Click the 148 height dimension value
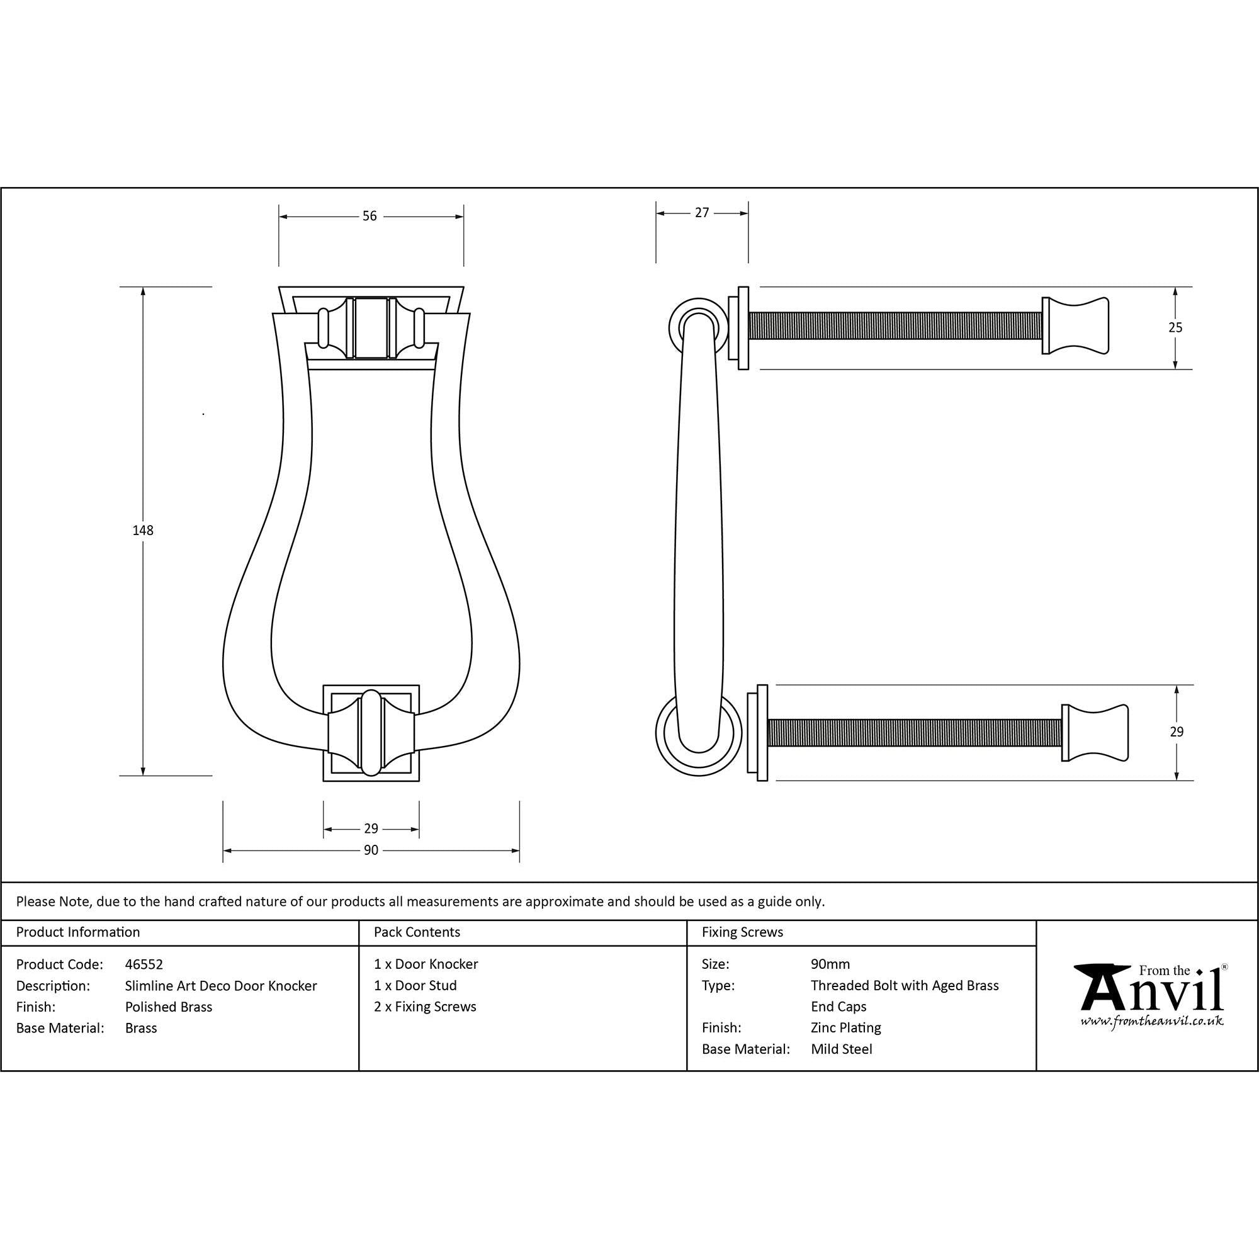pyautogui.click(x=143, y=531)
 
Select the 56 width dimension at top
pyautogui.click(x=370, y=216)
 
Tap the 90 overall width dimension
pyautogui.click(x=371, y=850)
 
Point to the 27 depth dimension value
pyautogui.click(x=701, y=212)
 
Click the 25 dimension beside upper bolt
pyautogui.click(x=1175, y=328)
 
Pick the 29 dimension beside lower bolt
pyautogui.click(x=1177, y=732)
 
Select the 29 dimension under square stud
pyautogui.click(x=371, y=829)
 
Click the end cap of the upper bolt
pyautogui.click(x=1075, y=326)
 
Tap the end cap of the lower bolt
pyautogui.click(x=1094, y=733)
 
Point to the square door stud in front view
pyautogui.click(x=371, y=733)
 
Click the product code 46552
pyautogui.click(x=144, y=964)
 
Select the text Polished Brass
pyautogui.click(x=169, y=1007)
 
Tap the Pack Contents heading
pyautogui.click(x=417, y=932)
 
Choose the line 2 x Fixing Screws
pyautogui.click(x=425, y=1006)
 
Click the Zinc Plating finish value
pyautogui.click(x=846, y=1028)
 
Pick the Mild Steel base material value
pyautogui.click(x=841, y=1049)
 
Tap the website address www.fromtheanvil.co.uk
pyautogui.click(x=1151, y=1022)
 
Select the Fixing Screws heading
pyautogui.click(x=742, y=932)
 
